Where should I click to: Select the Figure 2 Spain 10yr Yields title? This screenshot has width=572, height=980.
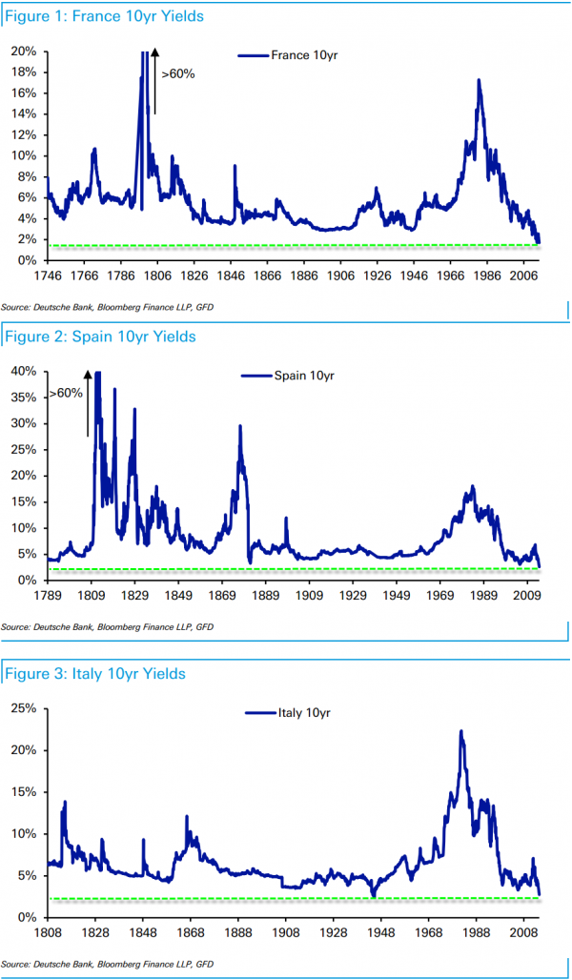[x=100, y=337]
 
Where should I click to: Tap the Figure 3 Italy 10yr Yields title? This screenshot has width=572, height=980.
[x=95, y=674]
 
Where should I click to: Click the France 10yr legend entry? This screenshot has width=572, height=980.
[x=291, y=55]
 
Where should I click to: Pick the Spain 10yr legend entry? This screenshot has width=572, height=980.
[x=290, y=376]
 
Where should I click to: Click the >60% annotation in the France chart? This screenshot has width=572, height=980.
[x=178, y=73]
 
